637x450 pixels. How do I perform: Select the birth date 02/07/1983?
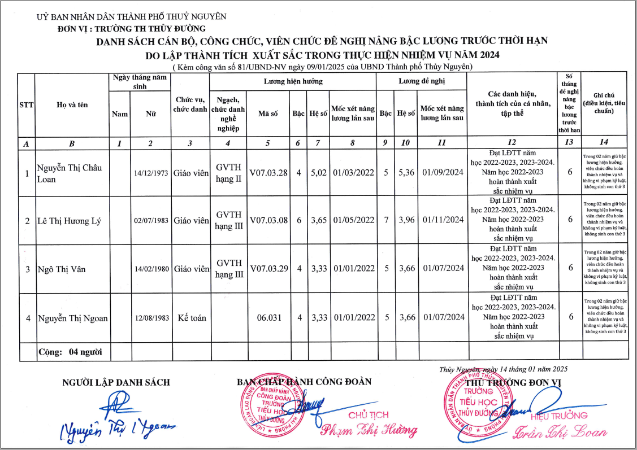coord(151,221)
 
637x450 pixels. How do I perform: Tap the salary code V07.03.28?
coord(268,173)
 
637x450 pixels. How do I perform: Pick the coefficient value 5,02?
coord(319,173)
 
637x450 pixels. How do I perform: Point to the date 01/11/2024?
coord(443,220)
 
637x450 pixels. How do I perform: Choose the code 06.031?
coord(269,318)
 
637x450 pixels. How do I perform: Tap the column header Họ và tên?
coord(72,104)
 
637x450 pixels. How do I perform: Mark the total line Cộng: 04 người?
coord(70,352)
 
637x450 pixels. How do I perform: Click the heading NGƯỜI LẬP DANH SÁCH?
coord(116,382)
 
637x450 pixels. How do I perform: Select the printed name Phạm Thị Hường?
coord(369,430)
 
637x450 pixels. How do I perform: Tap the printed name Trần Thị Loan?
coord(559,432)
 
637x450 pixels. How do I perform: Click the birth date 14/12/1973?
coord(151,173)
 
